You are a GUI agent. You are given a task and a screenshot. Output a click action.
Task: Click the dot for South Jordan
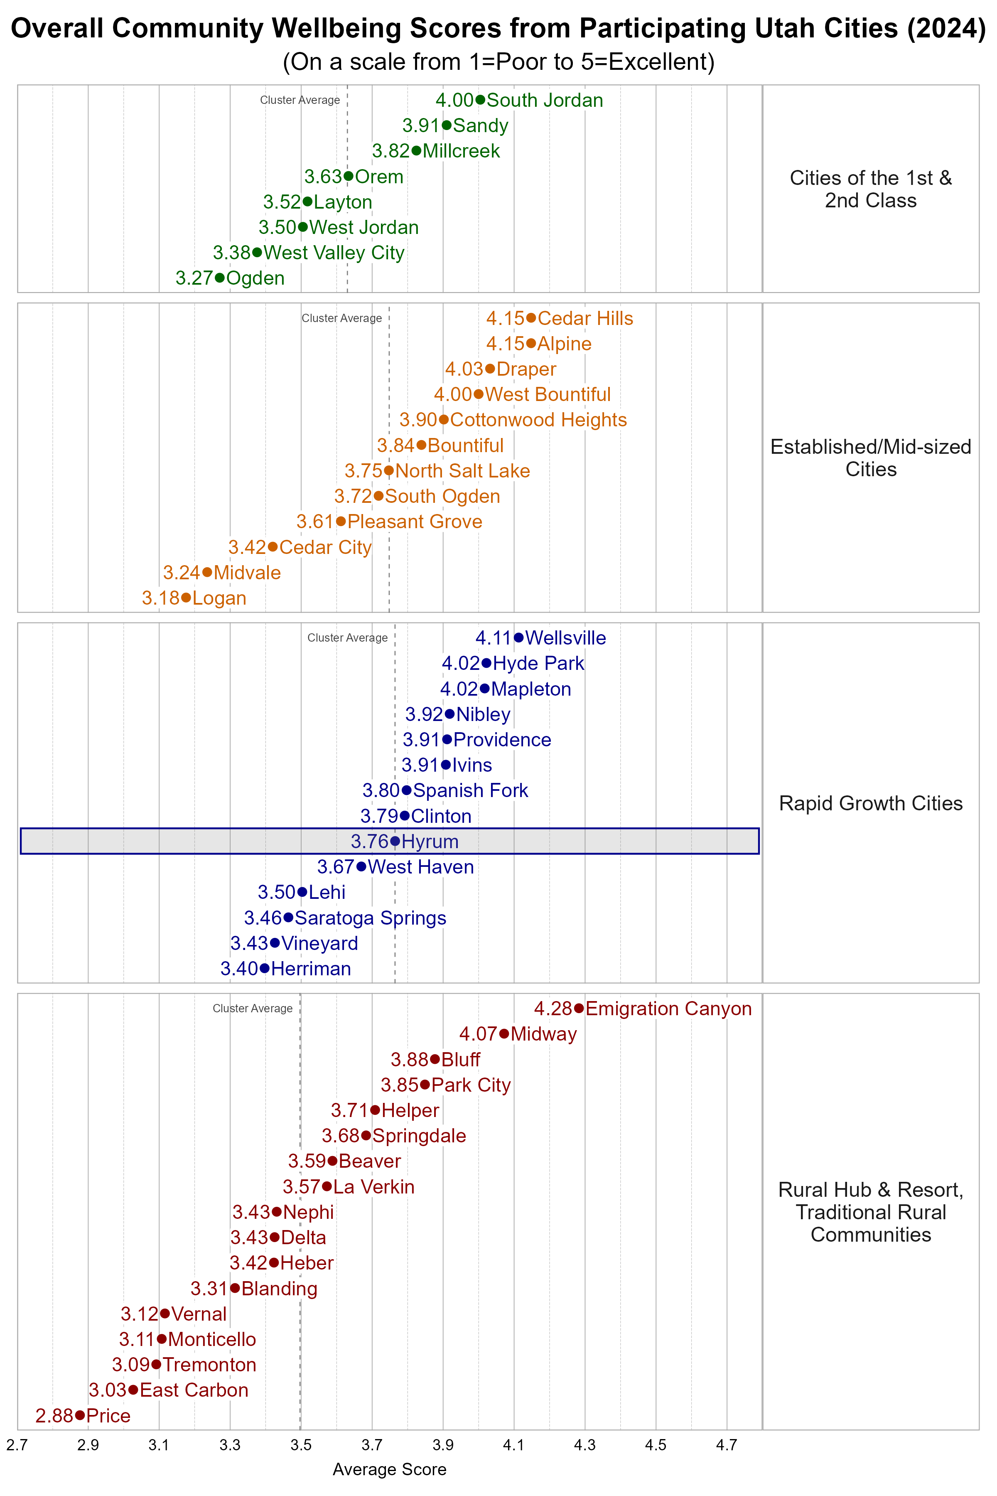click(x=480, y=100)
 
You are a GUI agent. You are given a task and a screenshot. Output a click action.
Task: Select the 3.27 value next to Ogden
click(x=194, y=278)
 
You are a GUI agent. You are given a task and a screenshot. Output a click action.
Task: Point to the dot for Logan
click(x=186, y=598)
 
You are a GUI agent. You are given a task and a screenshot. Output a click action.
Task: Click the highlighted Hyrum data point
click(x=395, y=841)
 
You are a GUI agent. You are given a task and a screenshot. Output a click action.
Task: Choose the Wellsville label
click(x=565, y=638)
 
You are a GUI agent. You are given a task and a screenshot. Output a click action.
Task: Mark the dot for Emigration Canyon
click(x=579, y=1009)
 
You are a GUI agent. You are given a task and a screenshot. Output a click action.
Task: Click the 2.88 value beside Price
click(x=54, y=1416)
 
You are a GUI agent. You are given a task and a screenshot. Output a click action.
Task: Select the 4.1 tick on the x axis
click(x=514, y=1445)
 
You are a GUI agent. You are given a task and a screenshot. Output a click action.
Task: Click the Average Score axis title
click(x=389, y=1469)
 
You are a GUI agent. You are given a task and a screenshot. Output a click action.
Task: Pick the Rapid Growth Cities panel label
click(x=870, y=803)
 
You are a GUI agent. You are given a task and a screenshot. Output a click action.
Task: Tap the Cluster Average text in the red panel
click(x=253, y=1009)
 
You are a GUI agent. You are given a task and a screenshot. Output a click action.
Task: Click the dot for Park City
click(x=425, y=1085)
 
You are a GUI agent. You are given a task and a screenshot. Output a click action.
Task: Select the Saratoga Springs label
click(x=370, y=918)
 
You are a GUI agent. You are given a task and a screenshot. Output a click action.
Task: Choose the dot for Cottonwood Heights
click(x=444, y=420)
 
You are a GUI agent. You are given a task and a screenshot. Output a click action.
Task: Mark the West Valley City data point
click(x=257, y=253)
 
